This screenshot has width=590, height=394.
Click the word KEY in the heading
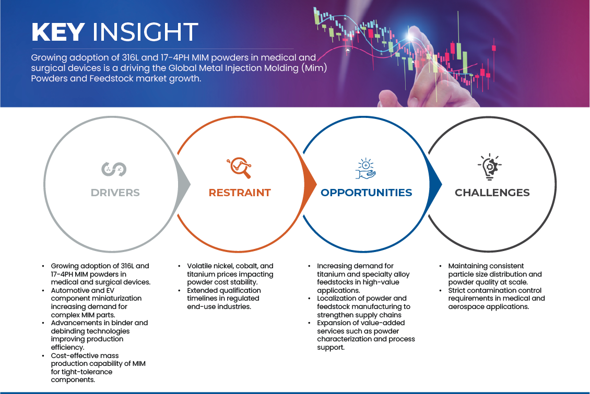click(x=57, y=32)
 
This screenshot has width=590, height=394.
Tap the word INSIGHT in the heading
click(x=145, y=32)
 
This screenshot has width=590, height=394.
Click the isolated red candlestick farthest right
click(x=493, y=48)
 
